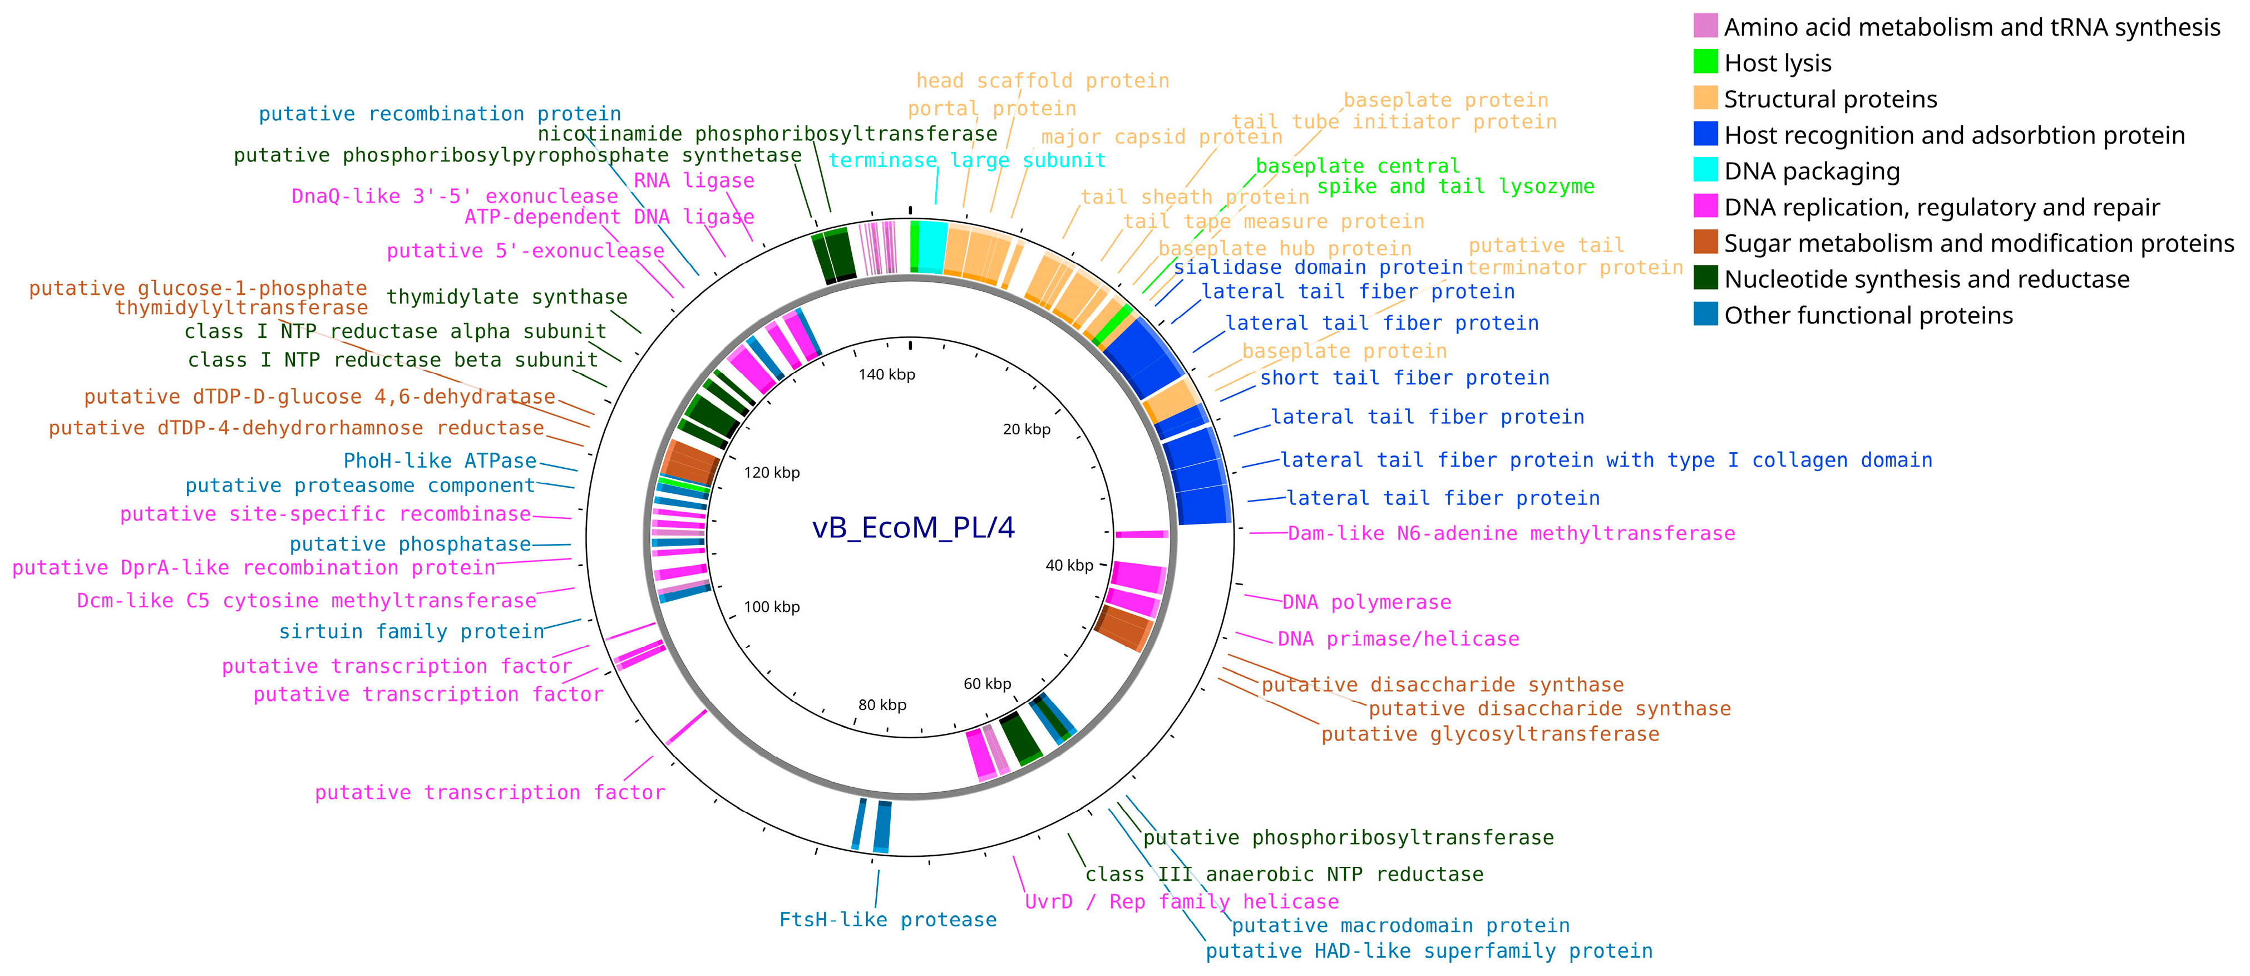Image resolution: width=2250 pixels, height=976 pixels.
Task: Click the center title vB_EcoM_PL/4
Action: (913, 528)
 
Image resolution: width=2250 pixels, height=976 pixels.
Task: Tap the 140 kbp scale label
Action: (886, 375)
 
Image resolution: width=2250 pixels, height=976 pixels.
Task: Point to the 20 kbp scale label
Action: (1027, 429)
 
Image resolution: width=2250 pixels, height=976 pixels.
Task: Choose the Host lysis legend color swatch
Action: (1705, 62)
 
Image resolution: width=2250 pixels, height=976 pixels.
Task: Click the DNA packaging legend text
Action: (1812, 171)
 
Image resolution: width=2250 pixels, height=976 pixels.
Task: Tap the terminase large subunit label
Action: (967, 160)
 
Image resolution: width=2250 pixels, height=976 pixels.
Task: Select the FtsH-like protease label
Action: (887, 919)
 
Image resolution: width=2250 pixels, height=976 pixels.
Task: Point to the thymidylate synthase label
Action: (507, 297)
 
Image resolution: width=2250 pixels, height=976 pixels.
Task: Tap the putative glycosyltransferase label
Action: (1489, 734)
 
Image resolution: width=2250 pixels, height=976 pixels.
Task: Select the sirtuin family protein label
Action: (411, 631)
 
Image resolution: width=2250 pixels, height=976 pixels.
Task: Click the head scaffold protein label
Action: (1042, 80)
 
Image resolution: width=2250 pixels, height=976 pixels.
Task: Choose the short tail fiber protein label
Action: (1404, 377)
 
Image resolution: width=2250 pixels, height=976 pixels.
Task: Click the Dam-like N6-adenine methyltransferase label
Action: (1511, 533)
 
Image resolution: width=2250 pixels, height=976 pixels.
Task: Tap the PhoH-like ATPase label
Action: (440, 460)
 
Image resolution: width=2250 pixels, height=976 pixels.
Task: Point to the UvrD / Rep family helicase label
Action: (1181, 901)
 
